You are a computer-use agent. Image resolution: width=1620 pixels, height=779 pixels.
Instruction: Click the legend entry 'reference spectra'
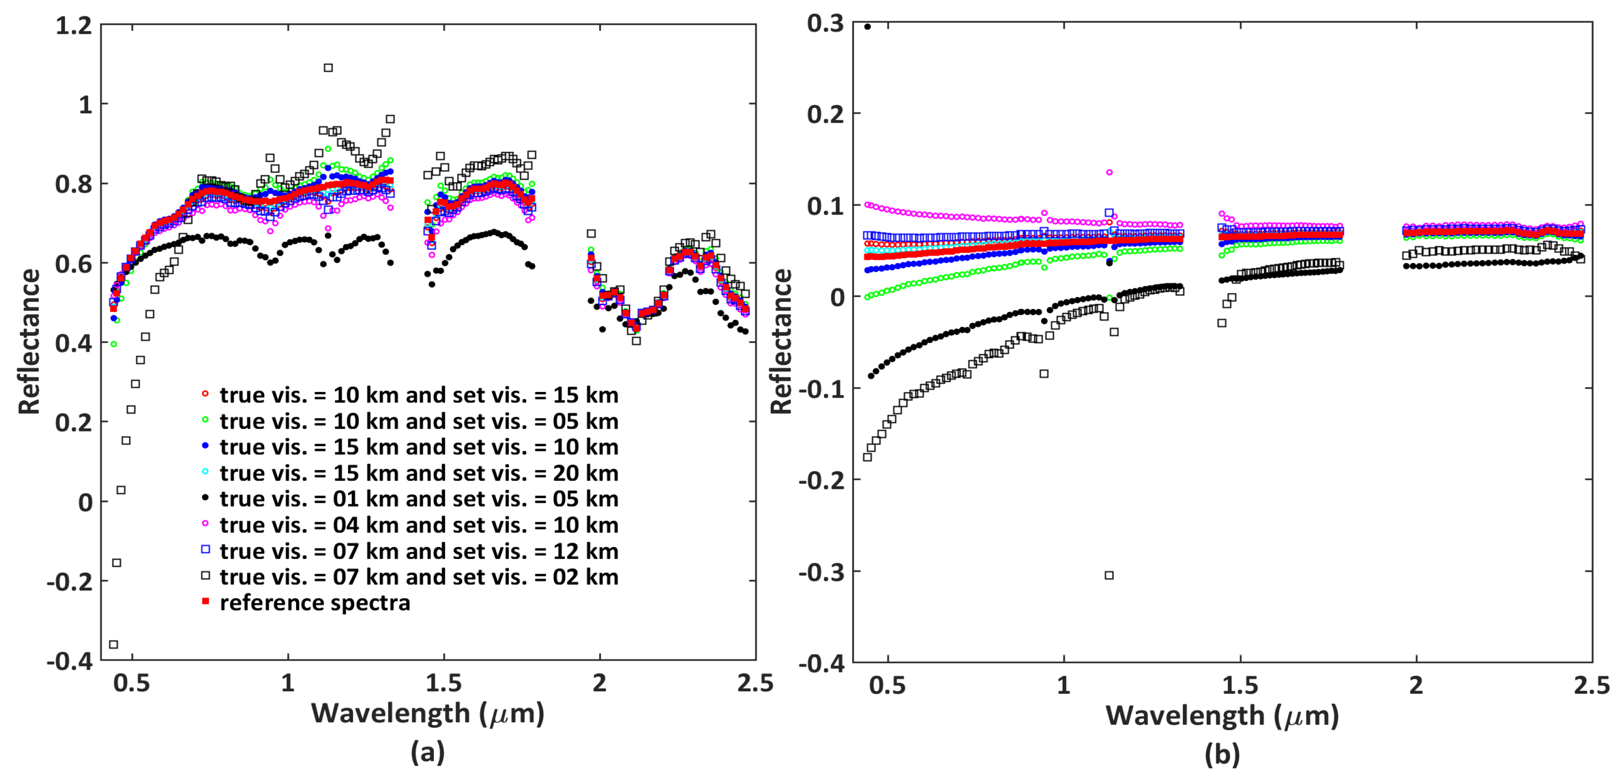point(315,602)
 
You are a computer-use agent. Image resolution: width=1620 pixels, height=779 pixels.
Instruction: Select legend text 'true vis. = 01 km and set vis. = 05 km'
point(419,499)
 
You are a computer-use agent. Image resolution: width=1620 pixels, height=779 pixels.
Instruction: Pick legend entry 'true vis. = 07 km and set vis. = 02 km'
point(419,576)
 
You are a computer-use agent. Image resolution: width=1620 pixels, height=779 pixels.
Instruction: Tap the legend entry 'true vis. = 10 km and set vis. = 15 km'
point(419,395)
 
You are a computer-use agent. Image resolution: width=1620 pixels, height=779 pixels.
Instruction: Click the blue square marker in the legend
point(205,549)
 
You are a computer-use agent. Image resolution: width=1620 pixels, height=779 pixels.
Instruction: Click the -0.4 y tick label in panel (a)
point(69,661)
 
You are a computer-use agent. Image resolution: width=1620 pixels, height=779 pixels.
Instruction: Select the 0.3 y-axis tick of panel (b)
point(825,23)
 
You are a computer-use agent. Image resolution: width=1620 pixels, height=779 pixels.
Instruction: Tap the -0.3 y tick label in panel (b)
point(821,572)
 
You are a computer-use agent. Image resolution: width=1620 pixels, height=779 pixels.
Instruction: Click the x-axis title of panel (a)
point(428,714)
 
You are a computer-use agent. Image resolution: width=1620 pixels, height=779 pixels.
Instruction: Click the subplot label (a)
point(428,752)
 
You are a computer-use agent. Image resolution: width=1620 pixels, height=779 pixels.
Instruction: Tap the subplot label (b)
point(1222,754)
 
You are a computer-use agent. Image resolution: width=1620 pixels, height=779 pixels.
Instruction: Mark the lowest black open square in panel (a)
point(114,644)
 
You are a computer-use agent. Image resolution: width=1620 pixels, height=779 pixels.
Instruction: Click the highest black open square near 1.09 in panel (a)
point(328,68)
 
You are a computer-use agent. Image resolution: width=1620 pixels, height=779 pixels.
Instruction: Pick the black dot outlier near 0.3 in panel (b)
point(868,27)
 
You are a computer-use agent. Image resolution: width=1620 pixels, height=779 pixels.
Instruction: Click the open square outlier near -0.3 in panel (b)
point(1110,576)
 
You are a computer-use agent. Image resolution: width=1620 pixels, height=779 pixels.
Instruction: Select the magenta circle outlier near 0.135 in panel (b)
point(1110,172)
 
